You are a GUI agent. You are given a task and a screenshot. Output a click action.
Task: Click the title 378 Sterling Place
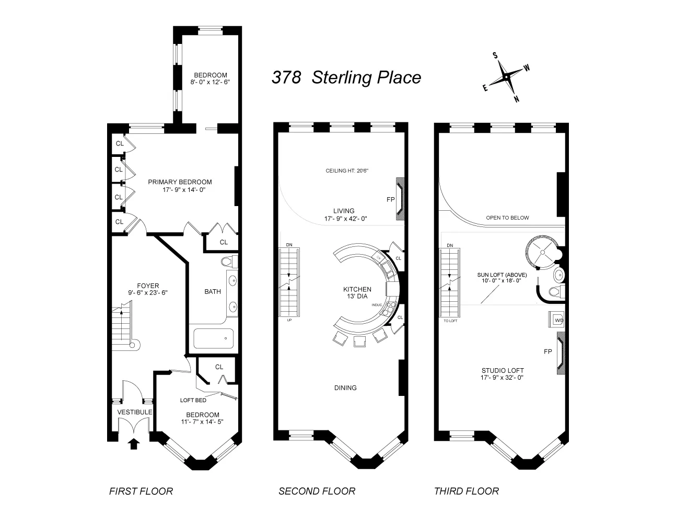(x=346, y=77)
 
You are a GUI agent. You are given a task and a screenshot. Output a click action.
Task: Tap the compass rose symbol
(x=506, y=77)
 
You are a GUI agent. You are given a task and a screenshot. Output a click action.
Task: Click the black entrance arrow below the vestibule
(x=134, y=444)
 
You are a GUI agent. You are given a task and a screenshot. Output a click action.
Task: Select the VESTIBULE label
(x=134, y=412)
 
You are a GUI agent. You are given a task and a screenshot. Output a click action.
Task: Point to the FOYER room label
(x=148, y=286)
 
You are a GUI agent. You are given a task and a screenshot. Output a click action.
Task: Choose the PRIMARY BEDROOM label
(x=180, y=182)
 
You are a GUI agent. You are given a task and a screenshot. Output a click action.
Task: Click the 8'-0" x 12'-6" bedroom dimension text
(x=210, y=82)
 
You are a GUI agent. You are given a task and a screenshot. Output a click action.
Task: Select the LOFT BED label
(x=193, y=401)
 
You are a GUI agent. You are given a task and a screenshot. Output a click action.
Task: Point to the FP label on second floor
(x=390, y=199)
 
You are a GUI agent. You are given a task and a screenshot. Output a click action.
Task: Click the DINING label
(x=345, y=388)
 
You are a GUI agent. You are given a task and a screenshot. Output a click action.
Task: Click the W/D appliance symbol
(x=555, y=319)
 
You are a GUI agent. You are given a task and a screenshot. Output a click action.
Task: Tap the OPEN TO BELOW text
(x=507, y=218)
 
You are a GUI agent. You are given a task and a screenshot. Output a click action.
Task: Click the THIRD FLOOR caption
(x=466, y=491)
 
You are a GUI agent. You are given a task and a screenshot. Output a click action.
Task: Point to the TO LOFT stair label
(x=450, y=322)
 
